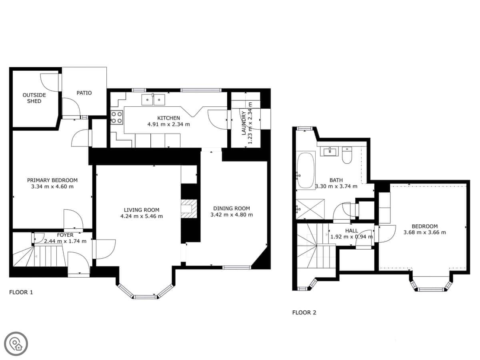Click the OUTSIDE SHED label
pos(34,98)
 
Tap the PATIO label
pos(84,93)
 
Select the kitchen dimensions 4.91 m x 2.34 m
pos(169,124)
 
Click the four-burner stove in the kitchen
pos(117,117)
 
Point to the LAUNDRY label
pos(244,123)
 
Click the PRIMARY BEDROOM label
pos(52,180)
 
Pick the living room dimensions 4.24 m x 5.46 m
pos(142,216)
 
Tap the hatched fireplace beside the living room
pos(189,209)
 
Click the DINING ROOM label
pos(232,208)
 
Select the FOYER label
pos(65,235)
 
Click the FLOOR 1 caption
pos(21,292)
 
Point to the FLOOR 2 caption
pos(304,312)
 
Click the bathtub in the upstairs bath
pos(306,170)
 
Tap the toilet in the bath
pos(347,155)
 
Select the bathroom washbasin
pos(329,151)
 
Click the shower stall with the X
pos(310,209)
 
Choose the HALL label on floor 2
pos(352,231)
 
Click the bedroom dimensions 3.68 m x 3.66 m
pos(425,232)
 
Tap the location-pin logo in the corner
pos(16,344)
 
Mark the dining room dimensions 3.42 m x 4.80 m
pos(232,215)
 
